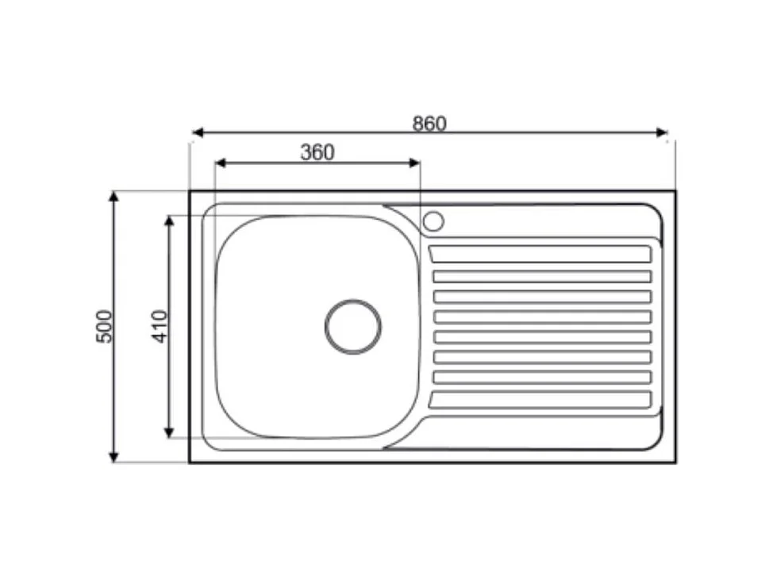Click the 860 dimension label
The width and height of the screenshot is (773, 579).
pyautogui.click(x=429, y=124)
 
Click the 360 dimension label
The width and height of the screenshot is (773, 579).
pyautogui.click(x=317, y=152)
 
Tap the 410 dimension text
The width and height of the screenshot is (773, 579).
pyautogui.click(x=160, y=326)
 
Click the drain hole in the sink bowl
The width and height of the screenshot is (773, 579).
pyautogui.click(x=353, y=327)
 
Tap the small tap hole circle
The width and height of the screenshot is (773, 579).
pyautogui.click(x=433, y=221)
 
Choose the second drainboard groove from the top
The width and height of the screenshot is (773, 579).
pyautogui.click(x=542, y=276)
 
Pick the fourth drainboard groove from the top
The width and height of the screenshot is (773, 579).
pyautogui.click(x=542, y=316)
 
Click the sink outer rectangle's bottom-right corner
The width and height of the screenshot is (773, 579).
pyautogui.click(x=675, y=462)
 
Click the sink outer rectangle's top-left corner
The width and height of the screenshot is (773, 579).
pyautogui.click(x=190, y=191)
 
